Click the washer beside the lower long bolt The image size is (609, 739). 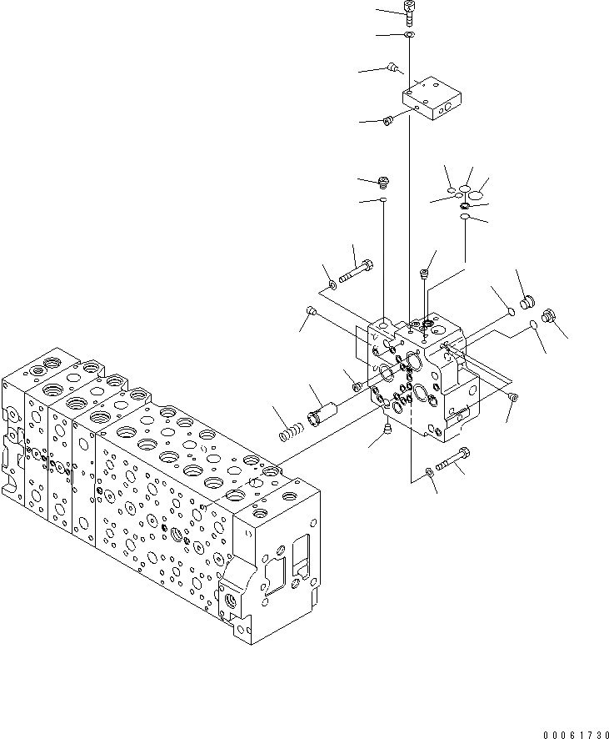[x=429, y=473]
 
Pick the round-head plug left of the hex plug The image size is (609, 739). [x=526, y=299]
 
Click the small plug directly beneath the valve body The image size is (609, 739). [x=388, y=429]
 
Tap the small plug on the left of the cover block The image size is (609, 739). [x=387, y=123]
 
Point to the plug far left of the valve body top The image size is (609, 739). [x=312, y=312]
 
